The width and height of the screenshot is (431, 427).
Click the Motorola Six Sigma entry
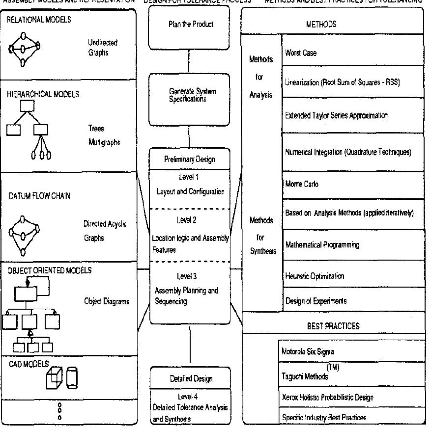point(351,351)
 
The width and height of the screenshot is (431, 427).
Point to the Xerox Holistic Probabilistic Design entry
point(351,398)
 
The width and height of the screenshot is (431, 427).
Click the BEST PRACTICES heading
point(333,325)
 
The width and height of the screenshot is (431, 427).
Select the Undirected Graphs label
point(103,48)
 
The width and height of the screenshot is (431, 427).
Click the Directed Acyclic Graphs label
point(105,231)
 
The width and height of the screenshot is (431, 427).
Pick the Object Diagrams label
point(107,301)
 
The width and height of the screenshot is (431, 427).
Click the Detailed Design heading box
point(189,379)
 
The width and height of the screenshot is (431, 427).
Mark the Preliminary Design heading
point(189,159)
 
